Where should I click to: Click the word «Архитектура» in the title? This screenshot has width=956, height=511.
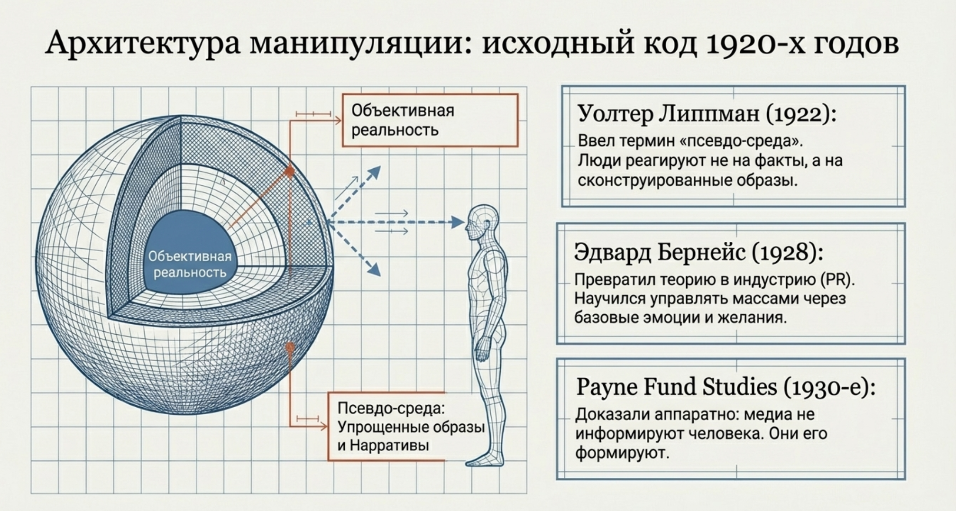[142, 44]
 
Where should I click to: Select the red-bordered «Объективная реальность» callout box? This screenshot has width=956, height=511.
[430, 120]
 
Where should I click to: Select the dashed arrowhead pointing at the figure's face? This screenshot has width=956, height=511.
[458, 222]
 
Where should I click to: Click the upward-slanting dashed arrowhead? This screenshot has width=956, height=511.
[375, 172]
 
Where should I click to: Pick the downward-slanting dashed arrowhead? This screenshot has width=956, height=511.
[375, 270]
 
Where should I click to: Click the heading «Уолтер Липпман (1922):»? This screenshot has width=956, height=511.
[707, 114]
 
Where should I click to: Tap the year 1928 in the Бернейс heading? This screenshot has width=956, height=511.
[787, 252]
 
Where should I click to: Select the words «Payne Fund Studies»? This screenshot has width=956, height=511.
[676, 387]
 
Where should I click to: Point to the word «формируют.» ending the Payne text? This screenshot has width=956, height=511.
[622, 453]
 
